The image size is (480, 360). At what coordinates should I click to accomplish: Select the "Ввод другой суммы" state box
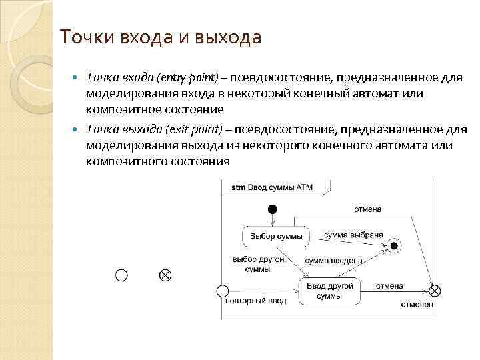point(329,291)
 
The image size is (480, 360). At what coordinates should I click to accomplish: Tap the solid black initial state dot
point(272,209)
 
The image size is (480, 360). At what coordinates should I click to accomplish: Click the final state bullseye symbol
point(394,246)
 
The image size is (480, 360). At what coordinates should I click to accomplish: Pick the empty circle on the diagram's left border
point(223,291)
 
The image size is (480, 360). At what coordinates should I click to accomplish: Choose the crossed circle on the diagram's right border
point(434,291)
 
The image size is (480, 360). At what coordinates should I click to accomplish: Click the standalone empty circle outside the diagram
point(121,275)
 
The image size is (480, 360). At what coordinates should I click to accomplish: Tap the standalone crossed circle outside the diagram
point(165,275)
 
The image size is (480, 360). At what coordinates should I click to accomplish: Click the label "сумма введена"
point(333,261)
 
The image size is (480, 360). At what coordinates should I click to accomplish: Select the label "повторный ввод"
point(255,301)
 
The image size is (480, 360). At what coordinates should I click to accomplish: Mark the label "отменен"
point(417,305)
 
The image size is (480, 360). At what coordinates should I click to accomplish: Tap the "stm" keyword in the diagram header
point(238,188)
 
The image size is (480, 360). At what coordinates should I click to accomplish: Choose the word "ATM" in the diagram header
point(305,188)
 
